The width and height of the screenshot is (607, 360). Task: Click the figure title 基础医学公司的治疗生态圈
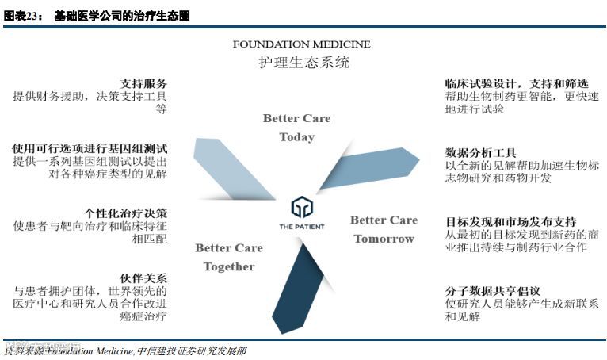tap(122, 16)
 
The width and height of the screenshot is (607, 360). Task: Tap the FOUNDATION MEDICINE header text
tap(301, 44)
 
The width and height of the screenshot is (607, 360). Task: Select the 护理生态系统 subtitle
tap(303, 62)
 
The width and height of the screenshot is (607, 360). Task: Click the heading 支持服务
tap(143, 83)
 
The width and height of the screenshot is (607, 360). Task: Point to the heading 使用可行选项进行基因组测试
tap(90, 148)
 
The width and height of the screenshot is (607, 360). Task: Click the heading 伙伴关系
tap(143, 278)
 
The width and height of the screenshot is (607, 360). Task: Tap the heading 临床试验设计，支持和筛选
tap(516, 83)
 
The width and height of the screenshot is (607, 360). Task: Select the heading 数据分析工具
tap(481, 152)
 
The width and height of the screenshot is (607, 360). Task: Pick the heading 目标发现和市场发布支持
tap(510, 221)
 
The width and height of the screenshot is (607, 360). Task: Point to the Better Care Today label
tap(296, 128)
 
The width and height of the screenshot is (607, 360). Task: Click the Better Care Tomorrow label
tap(384, 229)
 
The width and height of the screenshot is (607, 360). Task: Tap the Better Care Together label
tap(229, 257)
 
